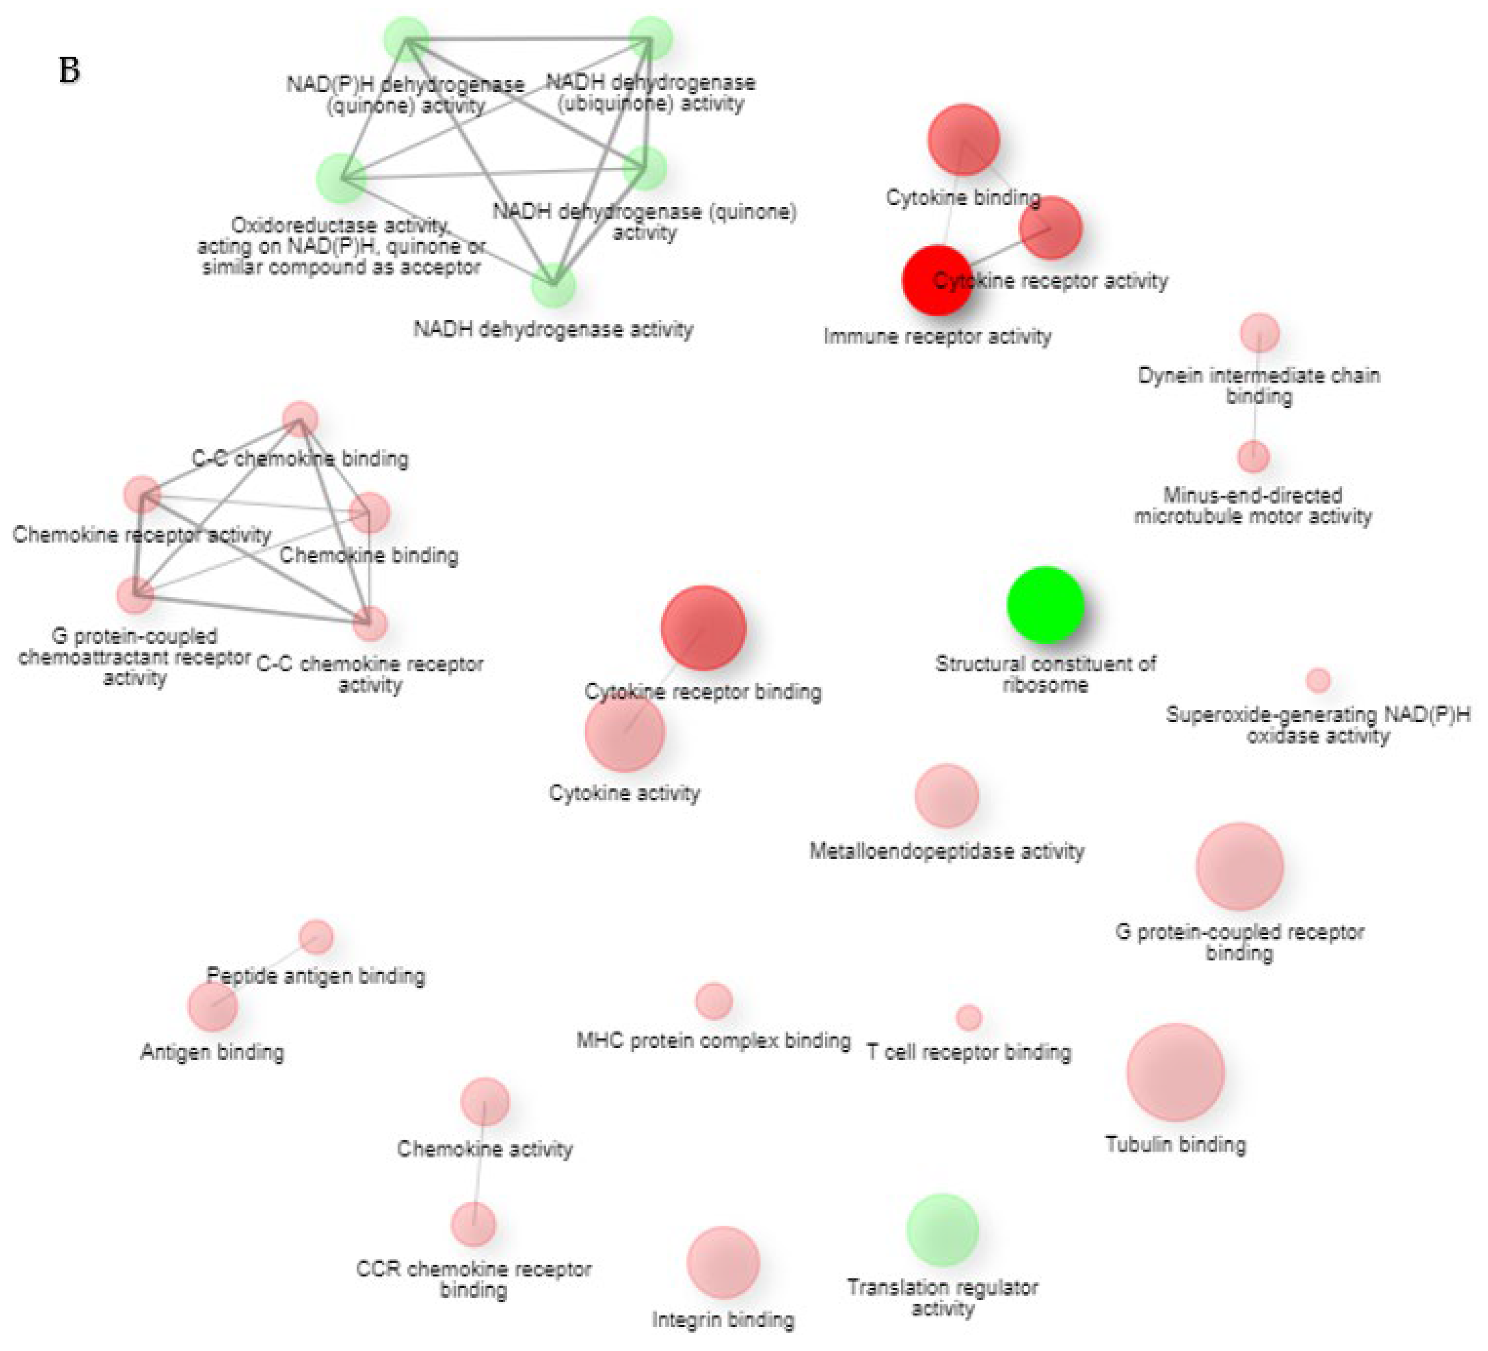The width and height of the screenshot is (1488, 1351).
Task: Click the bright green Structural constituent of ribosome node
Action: [x=1045, y=605]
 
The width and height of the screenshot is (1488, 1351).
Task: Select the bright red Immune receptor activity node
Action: [x=937, y=280]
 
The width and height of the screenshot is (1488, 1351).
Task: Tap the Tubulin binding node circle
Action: [x=1175, y=1072]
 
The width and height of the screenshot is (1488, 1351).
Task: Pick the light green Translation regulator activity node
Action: [x=943, y=1230]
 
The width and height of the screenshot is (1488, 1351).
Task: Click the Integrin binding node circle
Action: [x=723, y=1262]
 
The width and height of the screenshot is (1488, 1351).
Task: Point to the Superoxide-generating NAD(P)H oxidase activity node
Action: [x=1318, y=680]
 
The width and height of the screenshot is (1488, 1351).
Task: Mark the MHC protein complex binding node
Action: [x=714, y=1001]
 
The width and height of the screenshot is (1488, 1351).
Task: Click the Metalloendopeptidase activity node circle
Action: [x=946, y=796]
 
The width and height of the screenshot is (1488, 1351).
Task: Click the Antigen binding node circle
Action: [x=213, y=1005]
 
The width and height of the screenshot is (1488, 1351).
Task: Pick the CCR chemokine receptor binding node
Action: [x=474, y=1224]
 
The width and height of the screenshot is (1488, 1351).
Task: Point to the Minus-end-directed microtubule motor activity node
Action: [x=1253, y=457]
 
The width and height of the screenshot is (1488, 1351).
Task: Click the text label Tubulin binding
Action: [x=1175, y=1144]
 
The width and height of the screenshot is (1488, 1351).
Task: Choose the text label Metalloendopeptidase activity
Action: [x=946, y=851]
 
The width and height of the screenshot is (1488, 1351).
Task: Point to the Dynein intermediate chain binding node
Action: [x=1259, y=333]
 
